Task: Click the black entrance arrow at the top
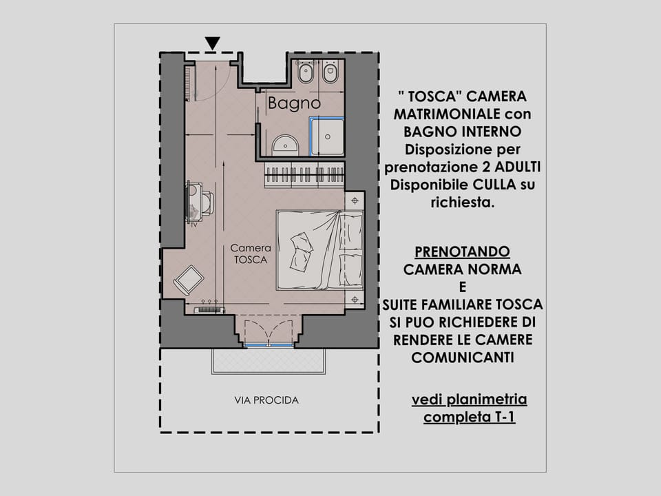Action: (x=213, y=43)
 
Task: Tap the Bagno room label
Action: (x=294, y=104)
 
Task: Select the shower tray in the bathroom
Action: (x=326, y=136)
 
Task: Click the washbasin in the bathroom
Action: (x=285, y=145)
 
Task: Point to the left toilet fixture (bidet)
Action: (x=306, y=72)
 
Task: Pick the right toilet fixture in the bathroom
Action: (x=330, y=72)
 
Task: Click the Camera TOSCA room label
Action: (x=250, y=254)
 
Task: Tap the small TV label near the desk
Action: (x=193, y=225)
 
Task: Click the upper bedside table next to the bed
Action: (x=355, y=200)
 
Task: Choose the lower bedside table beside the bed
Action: (x=355, y=299)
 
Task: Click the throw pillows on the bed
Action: (x=301, y=251)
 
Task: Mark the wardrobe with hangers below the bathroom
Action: (x=304, y=176)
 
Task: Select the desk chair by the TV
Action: (x=207, y=203)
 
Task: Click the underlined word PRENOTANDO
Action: (x=462, y=252)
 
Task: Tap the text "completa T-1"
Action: (x=469, y=417)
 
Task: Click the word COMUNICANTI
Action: (x=462, y=358)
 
